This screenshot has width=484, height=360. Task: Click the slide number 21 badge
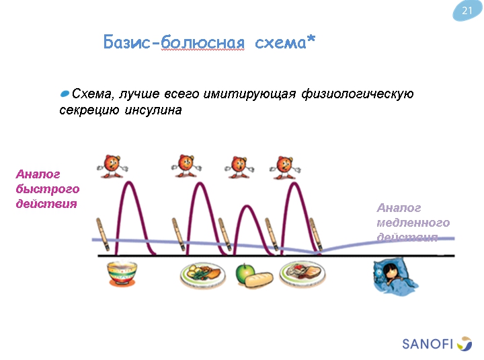point(467,11)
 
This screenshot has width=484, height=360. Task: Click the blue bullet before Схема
point(65,92)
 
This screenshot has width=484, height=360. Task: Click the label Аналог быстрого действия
point(47,189)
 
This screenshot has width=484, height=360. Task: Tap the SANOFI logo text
point(428,344)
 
